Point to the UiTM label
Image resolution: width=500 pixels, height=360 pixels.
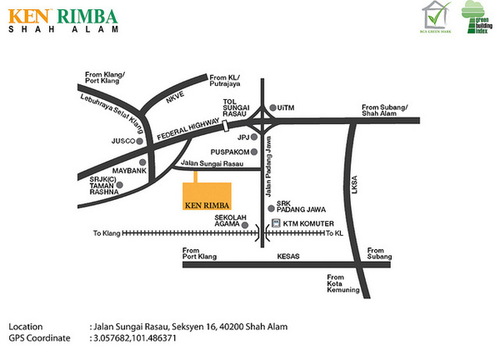[287, 108]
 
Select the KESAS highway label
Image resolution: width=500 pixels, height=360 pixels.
[288, 257]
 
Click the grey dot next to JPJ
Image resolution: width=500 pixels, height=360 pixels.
[257, 137]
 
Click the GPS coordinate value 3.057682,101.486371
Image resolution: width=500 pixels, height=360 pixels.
[136, 340]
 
